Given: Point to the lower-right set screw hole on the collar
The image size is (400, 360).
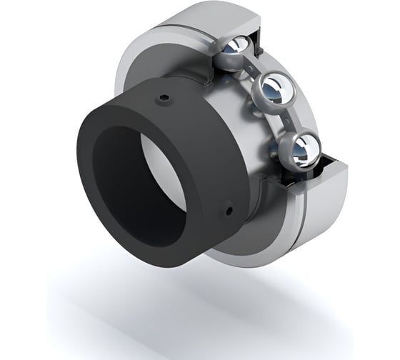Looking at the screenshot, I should (x=229, y=209).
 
